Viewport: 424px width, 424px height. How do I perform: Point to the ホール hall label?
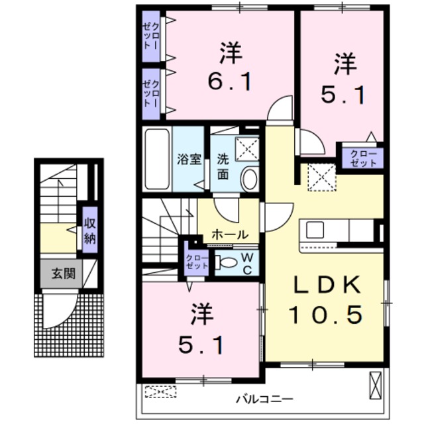(x=230, y=235)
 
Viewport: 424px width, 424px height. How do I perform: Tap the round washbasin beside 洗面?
(x=249, y=178)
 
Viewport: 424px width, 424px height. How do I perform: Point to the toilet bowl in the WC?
(x=226, y=261)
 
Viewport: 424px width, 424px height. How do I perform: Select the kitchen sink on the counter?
(x=315, y=231)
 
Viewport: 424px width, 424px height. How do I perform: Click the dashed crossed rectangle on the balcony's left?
(x=158, y=392)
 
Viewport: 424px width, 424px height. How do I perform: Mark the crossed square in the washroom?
(x=246, y=150)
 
